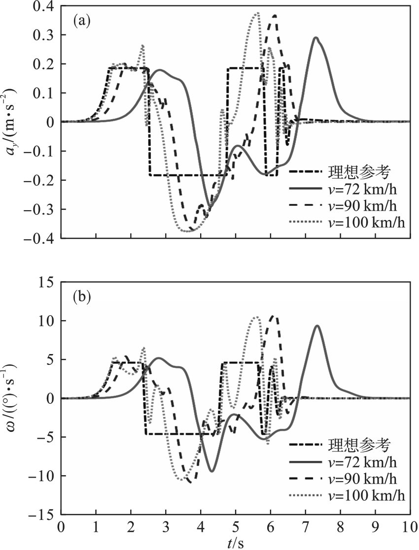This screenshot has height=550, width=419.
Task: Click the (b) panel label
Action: pos(81,297)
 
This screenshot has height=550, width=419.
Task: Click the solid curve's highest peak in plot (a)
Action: pos(316,37)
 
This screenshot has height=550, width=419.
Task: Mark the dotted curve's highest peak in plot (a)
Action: pos(257,13)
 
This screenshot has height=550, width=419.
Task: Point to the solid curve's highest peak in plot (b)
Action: pos(317,325)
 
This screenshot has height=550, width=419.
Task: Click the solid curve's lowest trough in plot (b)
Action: pos(212,471)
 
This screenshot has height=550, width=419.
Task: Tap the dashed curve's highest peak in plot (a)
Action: pos(275,16)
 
